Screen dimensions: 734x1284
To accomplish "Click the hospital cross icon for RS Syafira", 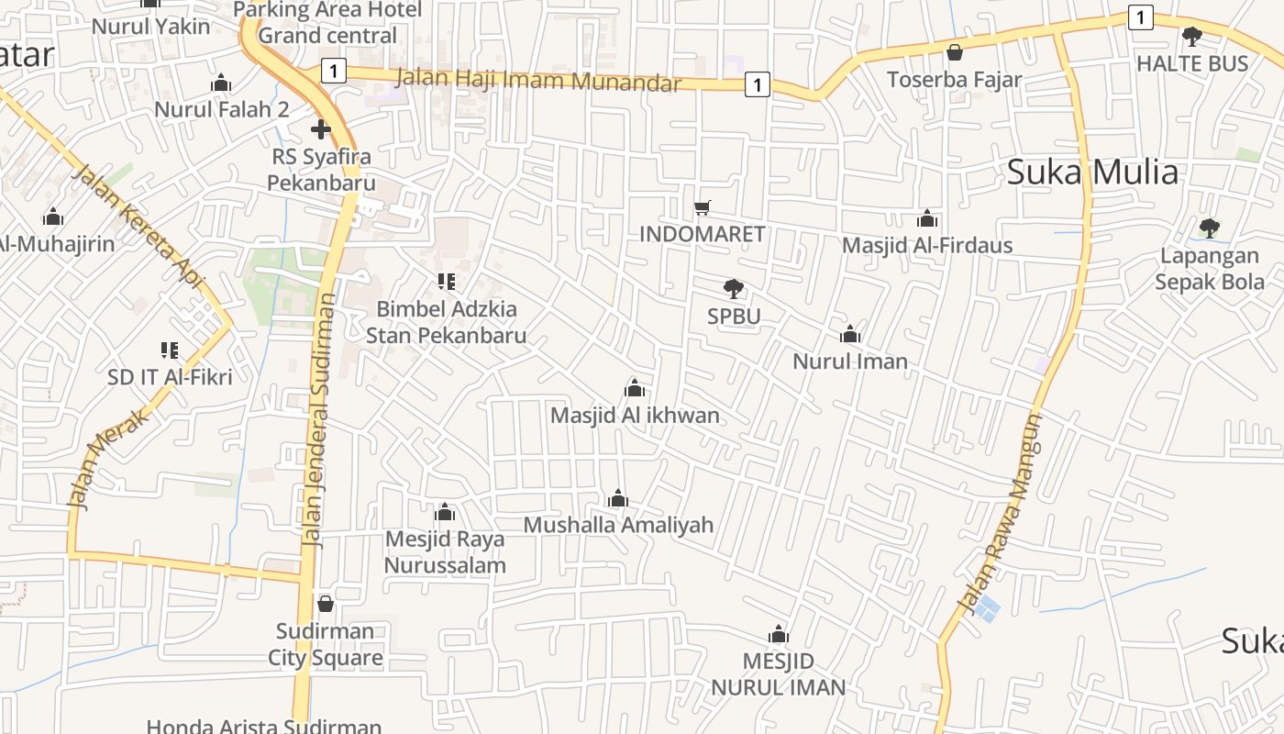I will [320, 129].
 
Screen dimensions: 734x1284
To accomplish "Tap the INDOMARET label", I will [702, 234].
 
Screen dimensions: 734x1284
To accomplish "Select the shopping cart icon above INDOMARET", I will [702, 207].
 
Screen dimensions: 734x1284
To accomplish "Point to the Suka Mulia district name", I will [1092, 172].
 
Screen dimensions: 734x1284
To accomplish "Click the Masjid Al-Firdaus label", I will [927, 245].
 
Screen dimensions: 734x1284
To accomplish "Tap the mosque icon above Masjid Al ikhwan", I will [634, 388].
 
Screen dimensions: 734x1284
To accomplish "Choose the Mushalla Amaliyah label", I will [618, 525].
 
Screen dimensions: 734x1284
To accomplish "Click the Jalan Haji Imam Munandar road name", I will [538, 81].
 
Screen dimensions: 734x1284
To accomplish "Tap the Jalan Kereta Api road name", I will [138, 226].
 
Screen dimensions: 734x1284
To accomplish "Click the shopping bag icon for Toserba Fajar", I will [954, 53].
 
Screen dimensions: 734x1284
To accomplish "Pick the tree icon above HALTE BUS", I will [1192, 37].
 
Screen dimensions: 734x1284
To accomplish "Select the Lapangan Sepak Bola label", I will [1210, 269].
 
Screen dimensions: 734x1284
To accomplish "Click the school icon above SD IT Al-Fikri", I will [170, 350].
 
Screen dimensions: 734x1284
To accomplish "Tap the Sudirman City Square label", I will [326, 645].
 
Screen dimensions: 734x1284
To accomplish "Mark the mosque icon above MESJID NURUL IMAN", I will [779, 634].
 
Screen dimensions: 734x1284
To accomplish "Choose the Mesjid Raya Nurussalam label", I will [445, 551].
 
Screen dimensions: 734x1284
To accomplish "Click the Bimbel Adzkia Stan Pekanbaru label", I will [447, 322].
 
